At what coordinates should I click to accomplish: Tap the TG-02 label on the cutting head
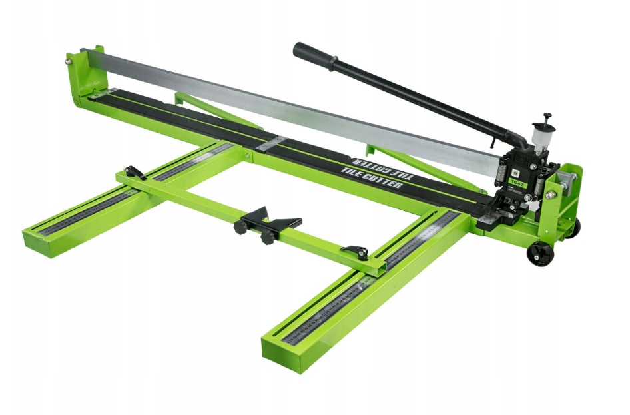click(x=516, y=179)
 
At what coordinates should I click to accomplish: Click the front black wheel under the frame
click(x=541, y=254)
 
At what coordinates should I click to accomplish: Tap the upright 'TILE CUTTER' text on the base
click(x=371, y=179)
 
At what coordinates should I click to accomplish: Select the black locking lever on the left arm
click(x=135, y=172)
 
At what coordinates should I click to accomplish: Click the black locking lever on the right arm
click(x=356, y=252)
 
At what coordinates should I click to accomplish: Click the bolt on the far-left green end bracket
click(x=69, y=62)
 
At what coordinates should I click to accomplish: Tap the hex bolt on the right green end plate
click(x=551, y=195)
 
